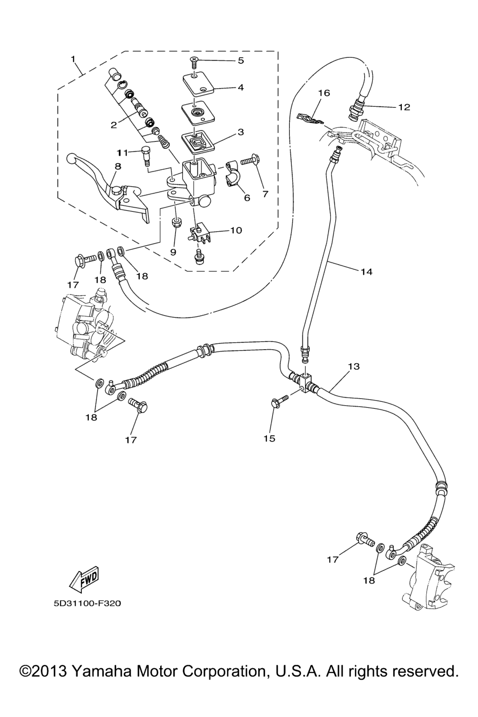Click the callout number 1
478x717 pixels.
tap(73, 59)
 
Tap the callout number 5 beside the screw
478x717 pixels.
tap(241, 60)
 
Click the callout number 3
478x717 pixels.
tap(241, 132)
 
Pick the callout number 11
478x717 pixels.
tap(122, 153)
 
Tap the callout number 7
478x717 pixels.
tap(265, 194)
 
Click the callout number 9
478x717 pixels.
tap(173, 252)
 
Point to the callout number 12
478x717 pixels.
tap(404, 107)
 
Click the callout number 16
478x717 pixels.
tap(324, 93)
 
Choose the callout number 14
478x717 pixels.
tap(366, 271)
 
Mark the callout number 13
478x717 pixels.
tap(354, 366)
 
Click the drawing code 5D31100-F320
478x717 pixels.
tap(87, 604)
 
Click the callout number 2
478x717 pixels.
tap(113, 125)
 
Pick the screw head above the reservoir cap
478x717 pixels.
tap(193, 59)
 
